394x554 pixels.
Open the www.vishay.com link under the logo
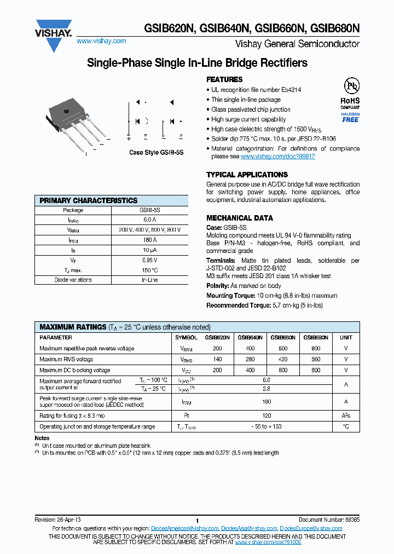[101, 41]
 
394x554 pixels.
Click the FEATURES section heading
[224, 79]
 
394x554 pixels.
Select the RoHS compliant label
[350, 103]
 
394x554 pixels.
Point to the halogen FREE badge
[350, 118]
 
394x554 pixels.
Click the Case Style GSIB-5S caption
[156, 153]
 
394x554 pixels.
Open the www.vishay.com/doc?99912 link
[277, 157]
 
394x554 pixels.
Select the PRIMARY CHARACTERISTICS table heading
[89, 200]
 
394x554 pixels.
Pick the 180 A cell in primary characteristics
[149, 240]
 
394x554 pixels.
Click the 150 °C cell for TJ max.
[149, 270]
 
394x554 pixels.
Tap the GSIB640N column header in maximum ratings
[250, 338]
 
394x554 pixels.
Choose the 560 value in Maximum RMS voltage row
[316, 360]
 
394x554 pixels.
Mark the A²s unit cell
[346, 416]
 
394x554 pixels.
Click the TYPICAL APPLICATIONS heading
[247, 175]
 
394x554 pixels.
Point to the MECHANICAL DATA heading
[240, 218]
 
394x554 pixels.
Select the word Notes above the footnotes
[42, 438]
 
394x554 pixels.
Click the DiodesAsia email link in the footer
[249, 528]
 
